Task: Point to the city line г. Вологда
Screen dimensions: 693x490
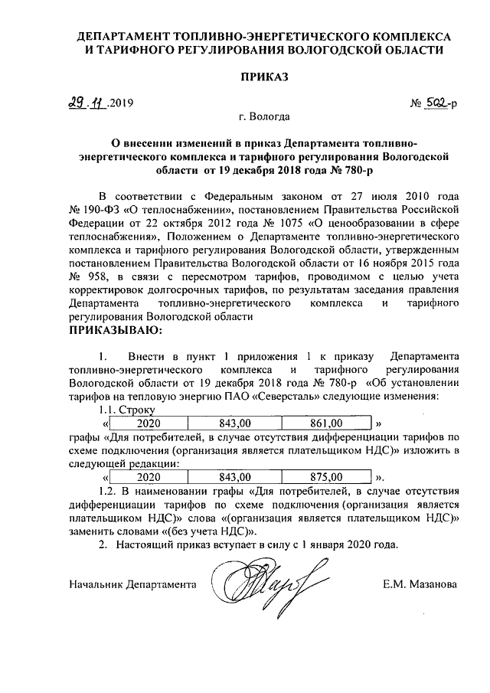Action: click(x=263, y=118)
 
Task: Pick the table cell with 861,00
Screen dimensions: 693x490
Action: click(x=326, y=423)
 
